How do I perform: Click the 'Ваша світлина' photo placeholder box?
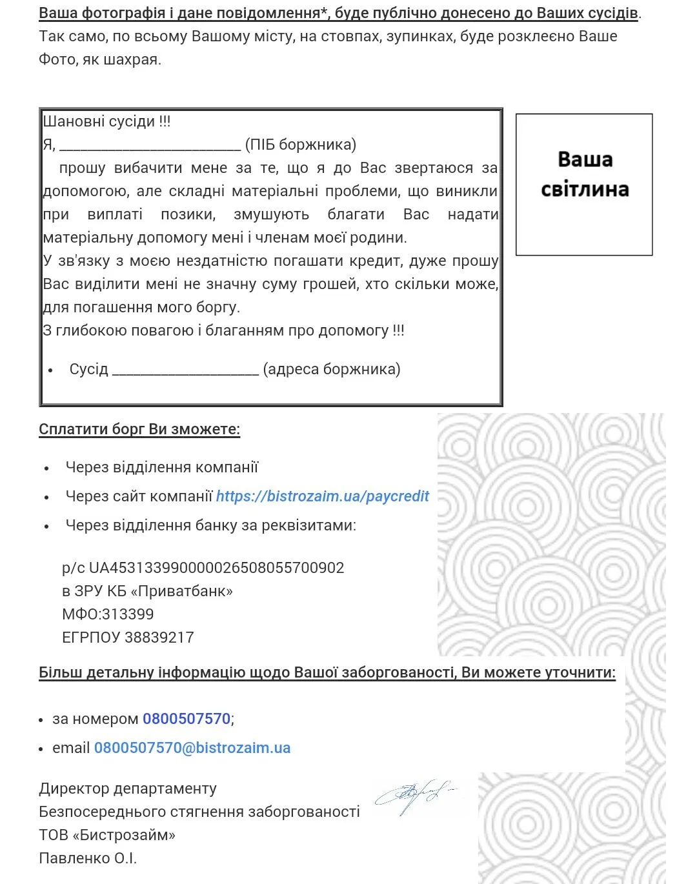[x=584, y=185]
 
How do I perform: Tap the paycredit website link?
[x=322, y=496]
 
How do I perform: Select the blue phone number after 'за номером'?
[x=187, y=719]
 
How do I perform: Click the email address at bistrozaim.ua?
[x=192, y=748]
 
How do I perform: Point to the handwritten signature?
[x=413, y=796]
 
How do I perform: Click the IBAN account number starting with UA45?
[x=216, y=568]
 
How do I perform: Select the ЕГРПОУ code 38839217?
[x=159, y=638]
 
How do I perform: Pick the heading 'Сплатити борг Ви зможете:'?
[x=139, y=429]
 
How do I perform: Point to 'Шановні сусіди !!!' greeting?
[x=106, y=121]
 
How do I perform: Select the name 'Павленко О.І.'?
[x=88, y=858]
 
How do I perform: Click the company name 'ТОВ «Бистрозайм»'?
[x=107, y=835]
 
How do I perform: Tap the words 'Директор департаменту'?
[x=128, y=789]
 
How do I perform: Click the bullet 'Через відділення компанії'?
[x=162, y=467]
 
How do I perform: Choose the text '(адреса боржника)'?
[x=332, y=369]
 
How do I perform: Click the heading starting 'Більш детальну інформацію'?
[x=327, y=672]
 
